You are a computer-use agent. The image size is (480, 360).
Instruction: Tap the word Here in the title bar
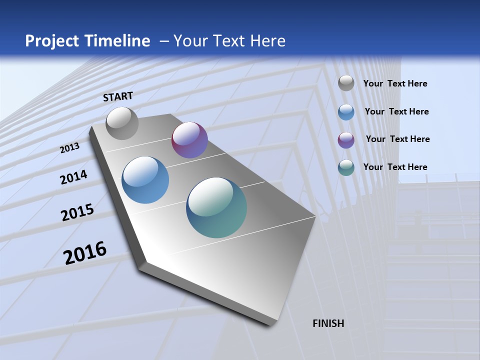[x=267, y=41]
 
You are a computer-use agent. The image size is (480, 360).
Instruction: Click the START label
[x=118, y=96]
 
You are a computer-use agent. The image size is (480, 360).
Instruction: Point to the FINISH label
[x=328, y=323]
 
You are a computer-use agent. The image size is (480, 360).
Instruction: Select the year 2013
[x=69, y=148]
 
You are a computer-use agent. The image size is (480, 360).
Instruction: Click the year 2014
[x=73, y=177]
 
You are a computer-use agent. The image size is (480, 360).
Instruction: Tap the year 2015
[x=77, y=212]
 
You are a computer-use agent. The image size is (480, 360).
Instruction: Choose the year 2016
[x=85, y=253]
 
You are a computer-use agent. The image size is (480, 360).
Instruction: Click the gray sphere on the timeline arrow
[x=122, y=123]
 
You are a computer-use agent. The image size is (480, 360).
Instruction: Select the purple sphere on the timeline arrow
[x=189, y=140]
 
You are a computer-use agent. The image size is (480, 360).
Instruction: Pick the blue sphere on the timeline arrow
[x=145, y=180]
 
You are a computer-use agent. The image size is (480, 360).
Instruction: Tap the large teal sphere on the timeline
[x=216, y=207]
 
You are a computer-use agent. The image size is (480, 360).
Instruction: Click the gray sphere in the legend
[x=346, y=83]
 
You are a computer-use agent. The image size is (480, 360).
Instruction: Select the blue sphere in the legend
[x=346, y=112]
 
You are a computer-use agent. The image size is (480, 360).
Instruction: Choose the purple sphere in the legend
[x=346, y=140]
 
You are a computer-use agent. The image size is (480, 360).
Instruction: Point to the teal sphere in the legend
[x=346, y=167]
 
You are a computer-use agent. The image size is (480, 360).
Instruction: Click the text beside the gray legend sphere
[x=395, y=84]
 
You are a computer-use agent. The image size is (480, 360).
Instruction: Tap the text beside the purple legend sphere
[x=397, y=139]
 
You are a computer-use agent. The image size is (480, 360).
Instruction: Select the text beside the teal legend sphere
[x=395, y=167]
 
